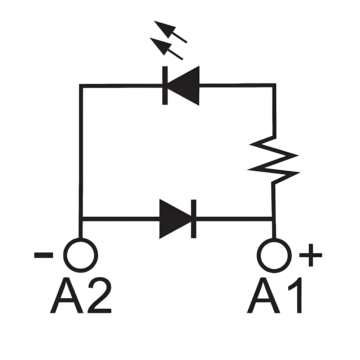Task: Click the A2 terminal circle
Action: (81, 255)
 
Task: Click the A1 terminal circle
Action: (274, 255)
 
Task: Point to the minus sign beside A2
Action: (44, 255)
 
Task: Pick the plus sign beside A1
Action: (310, 255)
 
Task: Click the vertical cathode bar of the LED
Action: (165, 85)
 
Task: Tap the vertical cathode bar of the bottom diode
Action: (194, 219)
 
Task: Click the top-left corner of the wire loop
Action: (81, 86)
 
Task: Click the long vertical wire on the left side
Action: (81, 151)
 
